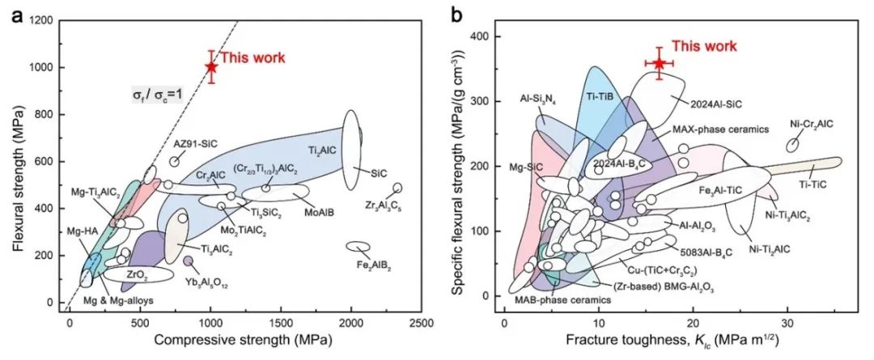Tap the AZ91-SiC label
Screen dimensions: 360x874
point(195,144)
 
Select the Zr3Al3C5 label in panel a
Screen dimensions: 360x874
point(385,205)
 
